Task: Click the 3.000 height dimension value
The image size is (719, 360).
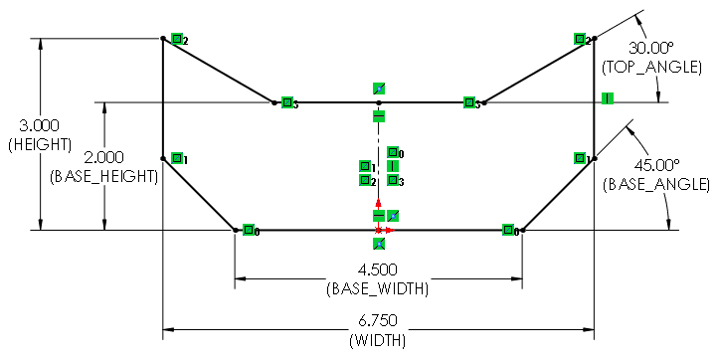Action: pos(39,125)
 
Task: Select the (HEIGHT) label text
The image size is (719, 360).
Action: pos(39,144)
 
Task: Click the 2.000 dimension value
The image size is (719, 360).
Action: pos(103,157)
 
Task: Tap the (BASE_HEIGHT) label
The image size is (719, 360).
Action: pos(103,176)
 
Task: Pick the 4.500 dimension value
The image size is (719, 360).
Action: pos(377,270)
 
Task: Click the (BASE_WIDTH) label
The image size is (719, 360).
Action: pos(377,289)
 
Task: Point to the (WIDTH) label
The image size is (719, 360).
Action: pos(377,341)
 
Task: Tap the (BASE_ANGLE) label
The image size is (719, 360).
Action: pos(655,184)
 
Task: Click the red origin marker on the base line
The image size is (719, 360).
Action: pos(379,230)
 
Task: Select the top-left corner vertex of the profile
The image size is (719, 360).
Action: pos(162,39)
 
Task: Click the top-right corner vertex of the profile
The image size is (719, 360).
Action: pos(594,39)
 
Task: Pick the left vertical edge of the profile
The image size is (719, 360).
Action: pos(162,99)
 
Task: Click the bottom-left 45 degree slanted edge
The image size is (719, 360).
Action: pos(199,194)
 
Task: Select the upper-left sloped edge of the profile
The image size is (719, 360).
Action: pos(219,71)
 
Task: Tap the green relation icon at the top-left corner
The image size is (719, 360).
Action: pos(177,40)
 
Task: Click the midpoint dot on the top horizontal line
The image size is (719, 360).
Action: pos(378,102)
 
